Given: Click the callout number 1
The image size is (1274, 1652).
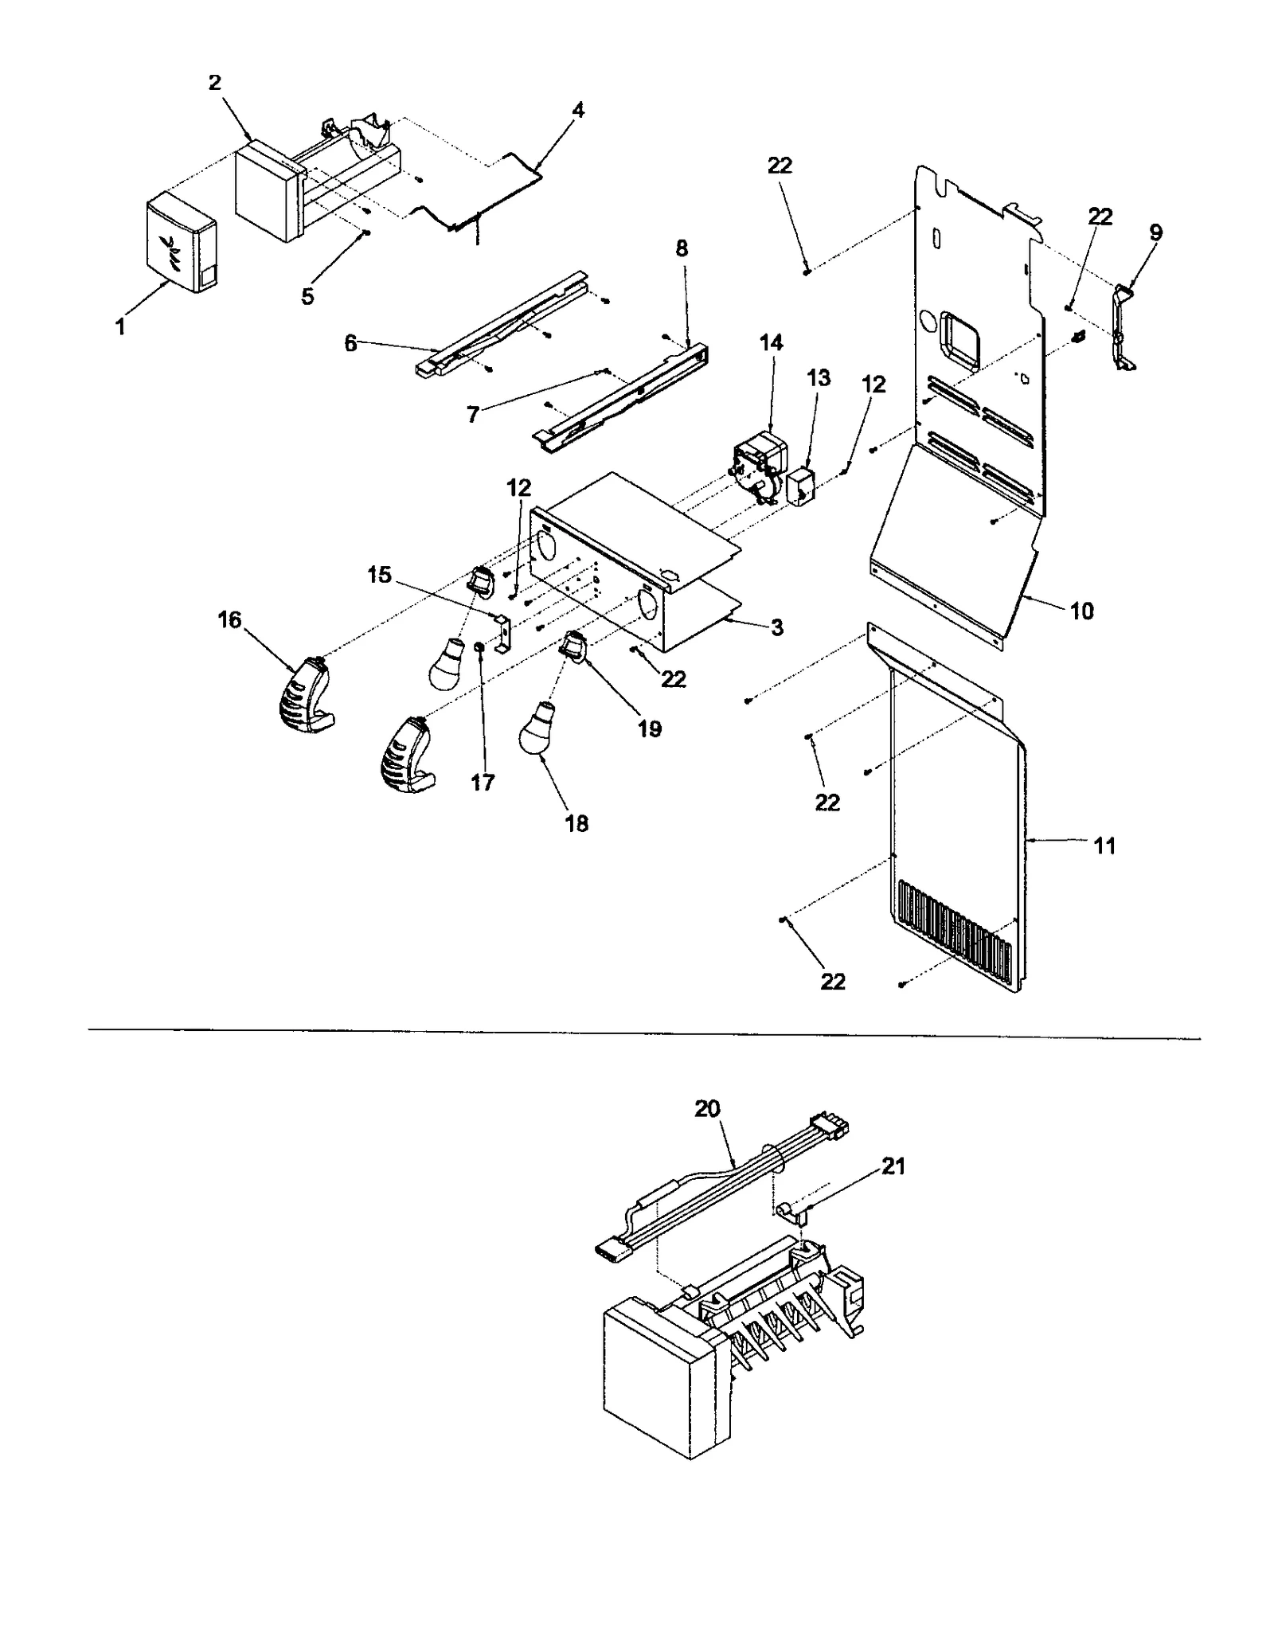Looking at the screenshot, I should pos(120,326).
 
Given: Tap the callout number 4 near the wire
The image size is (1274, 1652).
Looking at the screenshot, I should pos(578,111).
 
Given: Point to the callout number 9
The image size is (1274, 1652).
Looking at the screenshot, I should pos(1155,232).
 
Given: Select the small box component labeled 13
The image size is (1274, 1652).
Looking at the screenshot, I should pos(801,486).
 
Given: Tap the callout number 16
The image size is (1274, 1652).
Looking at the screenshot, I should pos(229,619).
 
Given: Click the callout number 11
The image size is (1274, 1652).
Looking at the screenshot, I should pos(1104,846).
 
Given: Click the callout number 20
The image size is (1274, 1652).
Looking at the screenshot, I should pos(707,1108).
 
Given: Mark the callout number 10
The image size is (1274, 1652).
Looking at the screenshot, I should pos(1082,611).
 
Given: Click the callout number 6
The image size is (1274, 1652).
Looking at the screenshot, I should pos(350,344).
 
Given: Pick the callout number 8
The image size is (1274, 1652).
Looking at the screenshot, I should pos(682,248).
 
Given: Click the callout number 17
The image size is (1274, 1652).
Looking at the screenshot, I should pos(483,783).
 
